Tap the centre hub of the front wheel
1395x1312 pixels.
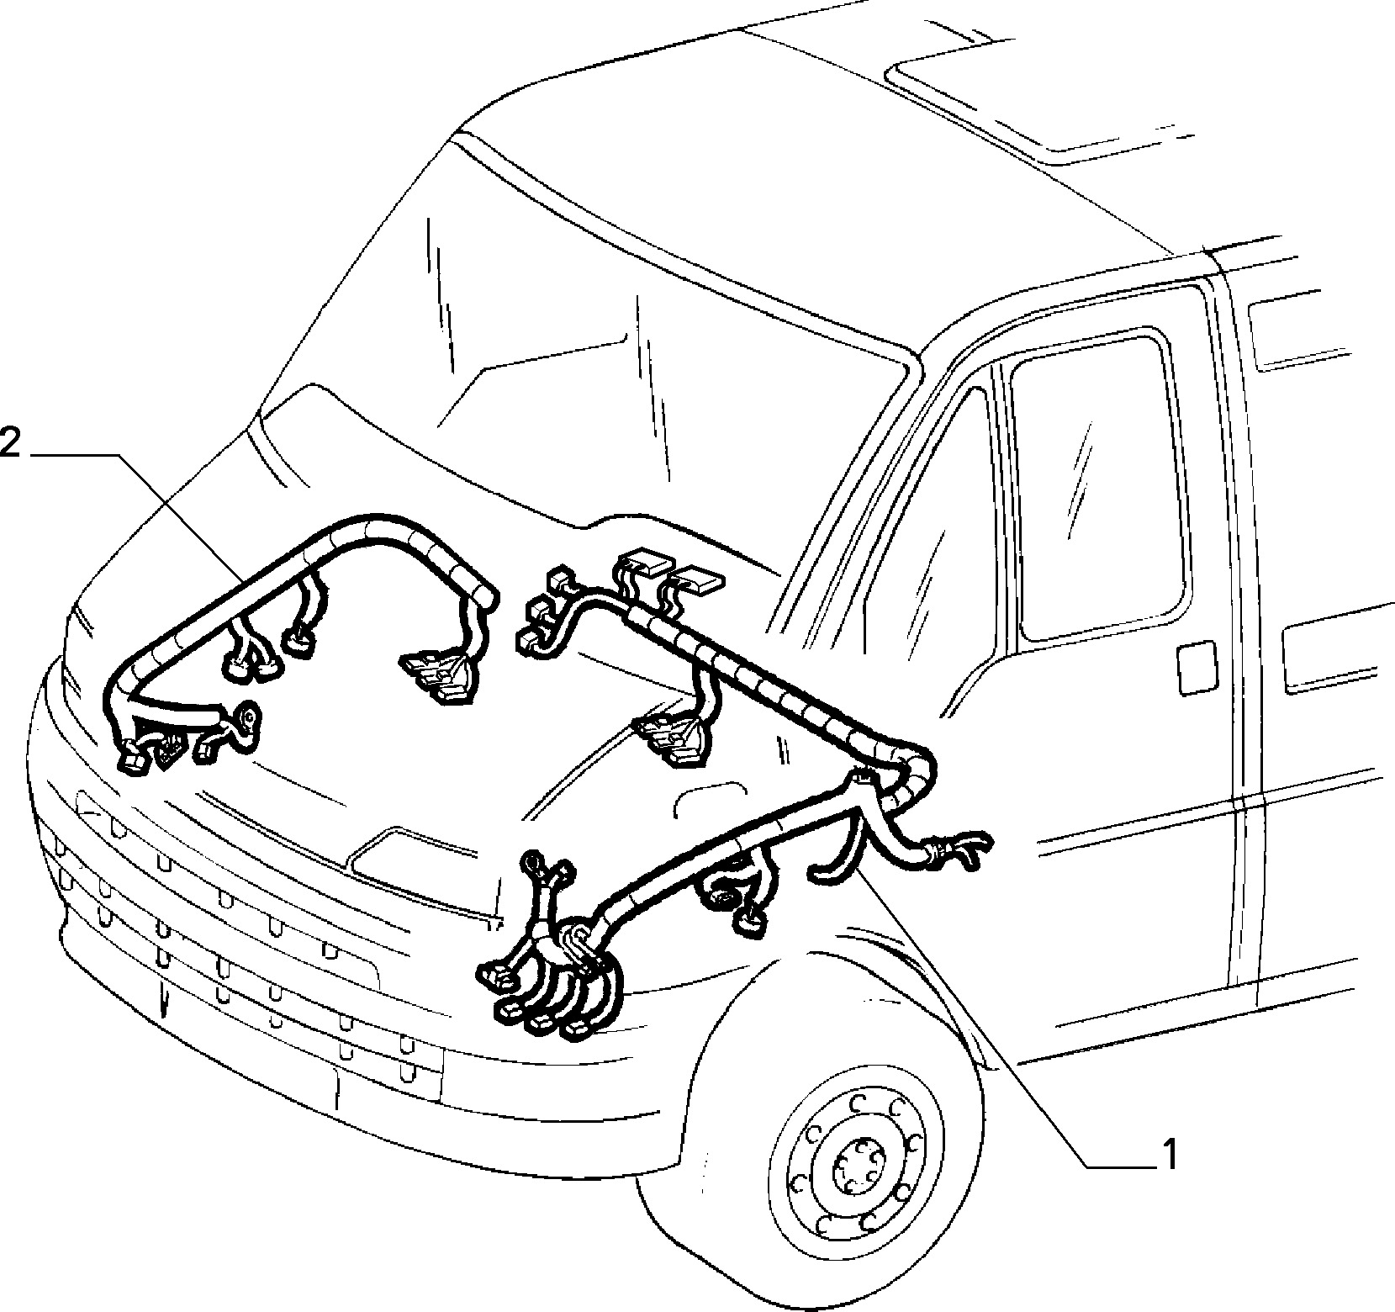(x=855, y=1165)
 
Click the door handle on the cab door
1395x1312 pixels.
(x=1196, y=669)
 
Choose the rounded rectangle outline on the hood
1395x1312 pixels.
(x=711, y=803)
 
